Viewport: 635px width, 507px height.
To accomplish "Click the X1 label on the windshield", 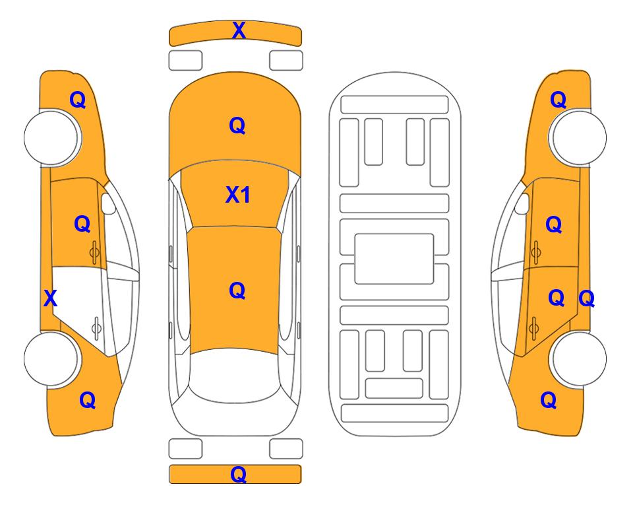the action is coord(238,195).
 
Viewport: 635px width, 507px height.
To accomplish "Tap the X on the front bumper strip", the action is coord(239,30).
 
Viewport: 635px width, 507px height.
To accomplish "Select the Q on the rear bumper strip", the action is coord(238,474).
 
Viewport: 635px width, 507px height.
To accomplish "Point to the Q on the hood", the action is coord(237,125).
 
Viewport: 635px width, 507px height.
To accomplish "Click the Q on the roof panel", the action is coord(237,290).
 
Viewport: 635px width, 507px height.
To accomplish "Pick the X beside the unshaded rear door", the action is coord(50,298).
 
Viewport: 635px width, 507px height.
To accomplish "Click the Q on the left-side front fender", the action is coord(78,100).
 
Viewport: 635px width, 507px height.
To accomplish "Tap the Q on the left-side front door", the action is coord(82,224).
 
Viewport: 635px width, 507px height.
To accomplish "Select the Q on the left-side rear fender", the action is coord(88,400).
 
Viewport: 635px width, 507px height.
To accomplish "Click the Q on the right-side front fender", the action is coord(558,100).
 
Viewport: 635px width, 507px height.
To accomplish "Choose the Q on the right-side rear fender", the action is coord(549,400).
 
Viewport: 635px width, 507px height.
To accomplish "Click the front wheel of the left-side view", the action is coord(51,138).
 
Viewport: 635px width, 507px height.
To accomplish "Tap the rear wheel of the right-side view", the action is coord(578,358).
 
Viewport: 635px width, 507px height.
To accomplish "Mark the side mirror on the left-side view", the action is coord(108,203).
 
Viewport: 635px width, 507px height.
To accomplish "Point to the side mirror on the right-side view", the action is coord(522,203).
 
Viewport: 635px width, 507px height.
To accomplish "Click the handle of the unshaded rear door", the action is coord(96,327).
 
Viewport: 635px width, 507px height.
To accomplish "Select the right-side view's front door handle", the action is coord(535,252).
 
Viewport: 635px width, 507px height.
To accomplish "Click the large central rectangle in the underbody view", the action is coord(394,259).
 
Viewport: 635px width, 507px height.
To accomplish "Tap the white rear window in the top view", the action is coord(235,375).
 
